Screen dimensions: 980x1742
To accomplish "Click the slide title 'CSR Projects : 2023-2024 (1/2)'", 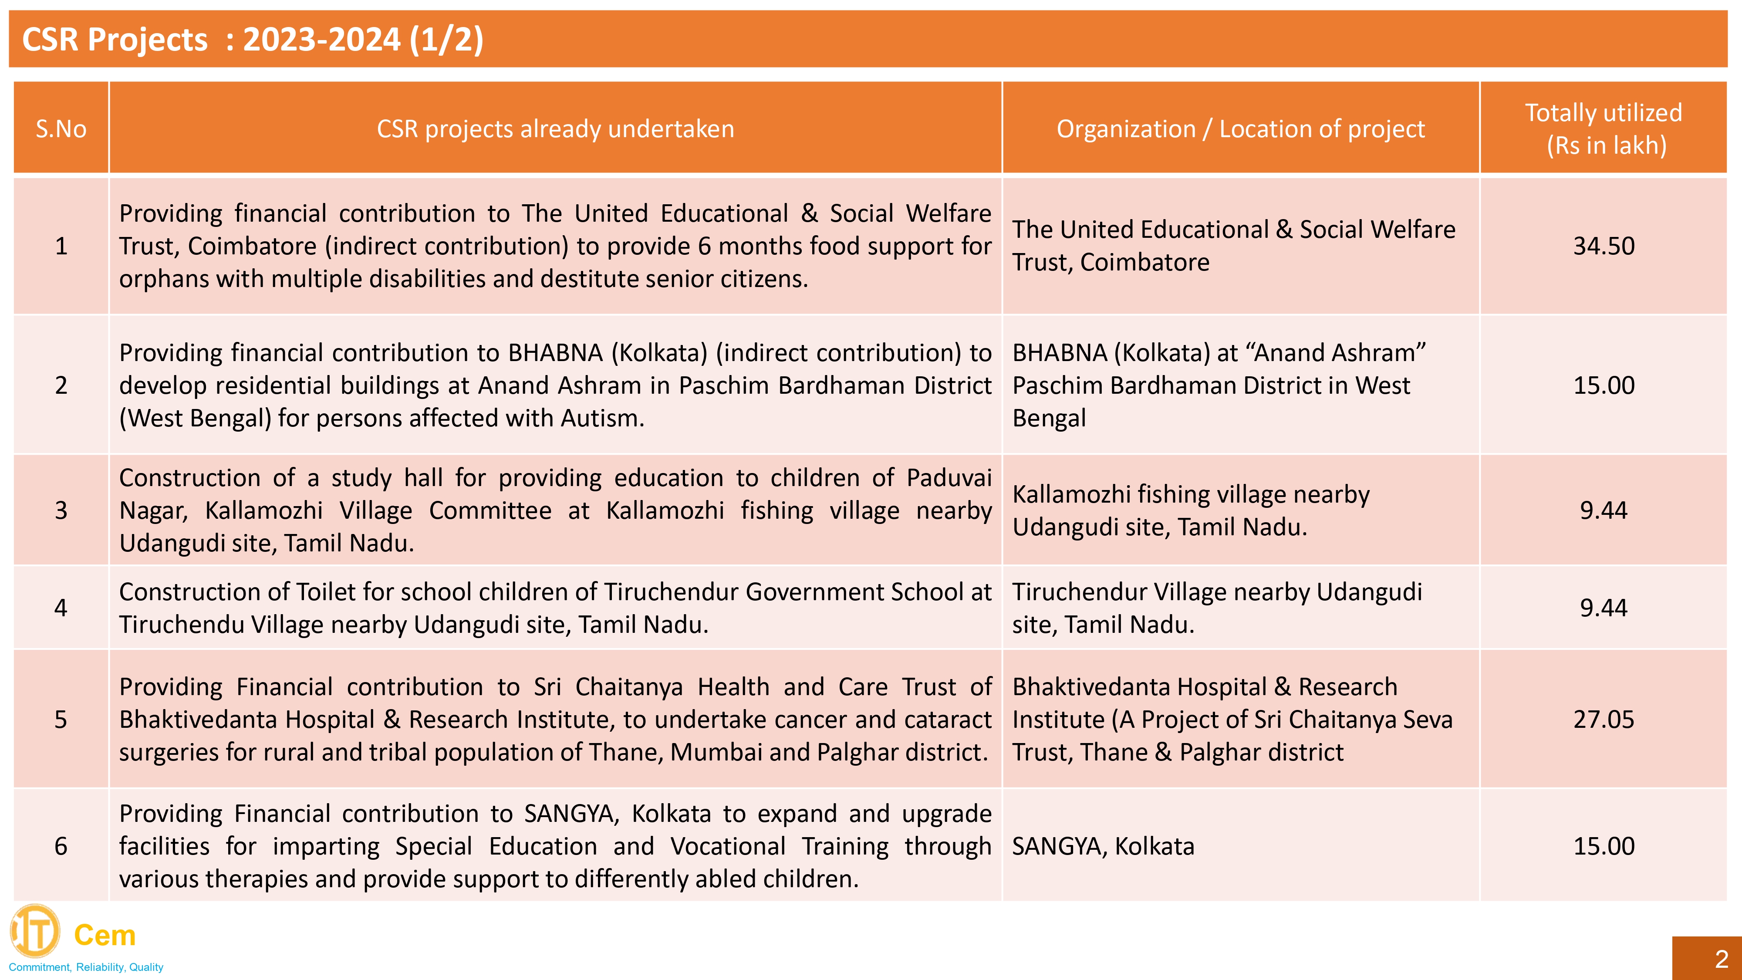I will (252, 39).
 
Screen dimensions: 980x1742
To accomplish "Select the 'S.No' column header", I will (61, 128).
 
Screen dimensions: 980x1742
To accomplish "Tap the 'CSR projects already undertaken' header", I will (555, 128).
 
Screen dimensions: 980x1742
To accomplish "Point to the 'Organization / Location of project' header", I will (1240, 128).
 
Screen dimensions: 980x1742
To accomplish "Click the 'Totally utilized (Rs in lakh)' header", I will (1604, 128).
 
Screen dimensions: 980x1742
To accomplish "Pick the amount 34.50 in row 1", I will (1604, 246).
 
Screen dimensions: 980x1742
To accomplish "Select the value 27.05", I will (1604, 719).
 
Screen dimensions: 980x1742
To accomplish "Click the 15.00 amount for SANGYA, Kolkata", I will (1604, 846).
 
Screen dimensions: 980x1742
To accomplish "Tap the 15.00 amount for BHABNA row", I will (1604, 385).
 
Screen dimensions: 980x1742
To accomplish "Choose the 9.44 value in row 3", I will (1604, 510).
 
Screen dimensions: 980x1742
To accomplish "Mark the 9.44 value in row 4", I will (1604, 607).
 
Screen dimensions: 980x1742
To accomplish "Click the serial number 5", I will (61, 719).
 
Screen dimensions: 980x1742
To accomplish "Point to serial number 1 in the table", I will (61, 246).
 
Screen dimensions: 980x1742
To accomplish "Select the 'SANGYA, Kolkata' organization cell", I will (1103, 846).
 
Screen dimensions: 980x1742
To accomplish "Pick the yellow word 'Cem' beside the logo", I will (105, 936).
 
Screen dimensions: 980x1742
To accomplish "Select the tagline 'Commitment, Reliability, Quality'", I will (86, 967).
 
